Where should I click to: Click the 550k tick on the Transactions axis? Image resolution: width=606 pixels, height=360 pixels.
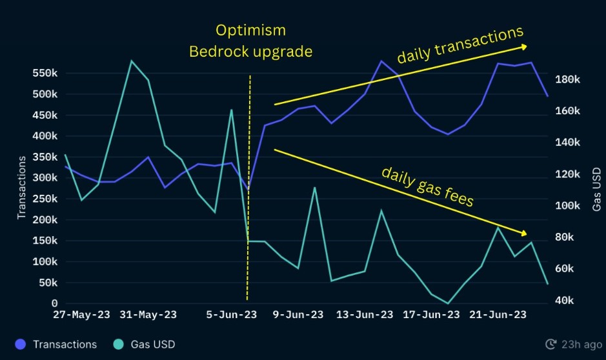[45, 74]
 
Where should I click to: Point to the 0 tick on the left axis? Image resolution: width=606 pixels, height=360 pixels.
[54, 303]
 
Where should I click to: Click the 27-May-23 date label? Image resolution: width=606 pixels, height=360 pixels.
[81, 315]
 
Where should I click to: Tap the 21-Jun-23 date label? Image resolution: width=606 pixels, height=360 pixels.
[495, 315]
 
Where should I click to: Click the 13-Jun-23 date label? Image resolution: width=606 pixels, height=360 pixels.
[365, 315]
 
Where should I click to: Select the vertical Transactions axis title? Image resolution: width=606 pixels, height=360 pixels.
[22, 186]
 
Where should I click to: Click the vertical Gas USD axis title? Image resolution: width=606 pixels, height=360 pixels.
[596, 186]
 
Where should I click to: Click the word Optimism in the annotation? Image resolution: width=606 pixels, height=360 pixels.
[250, 30]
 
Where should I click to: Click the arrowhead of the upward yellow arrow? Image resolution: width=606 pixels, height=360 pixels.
[524, 46]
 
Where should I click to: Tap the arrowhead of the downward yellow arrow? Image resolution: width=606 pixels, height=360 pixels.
[523, 232]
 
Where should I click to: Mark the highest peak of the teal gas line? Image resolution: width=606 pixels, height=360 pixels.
[132, 61]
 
